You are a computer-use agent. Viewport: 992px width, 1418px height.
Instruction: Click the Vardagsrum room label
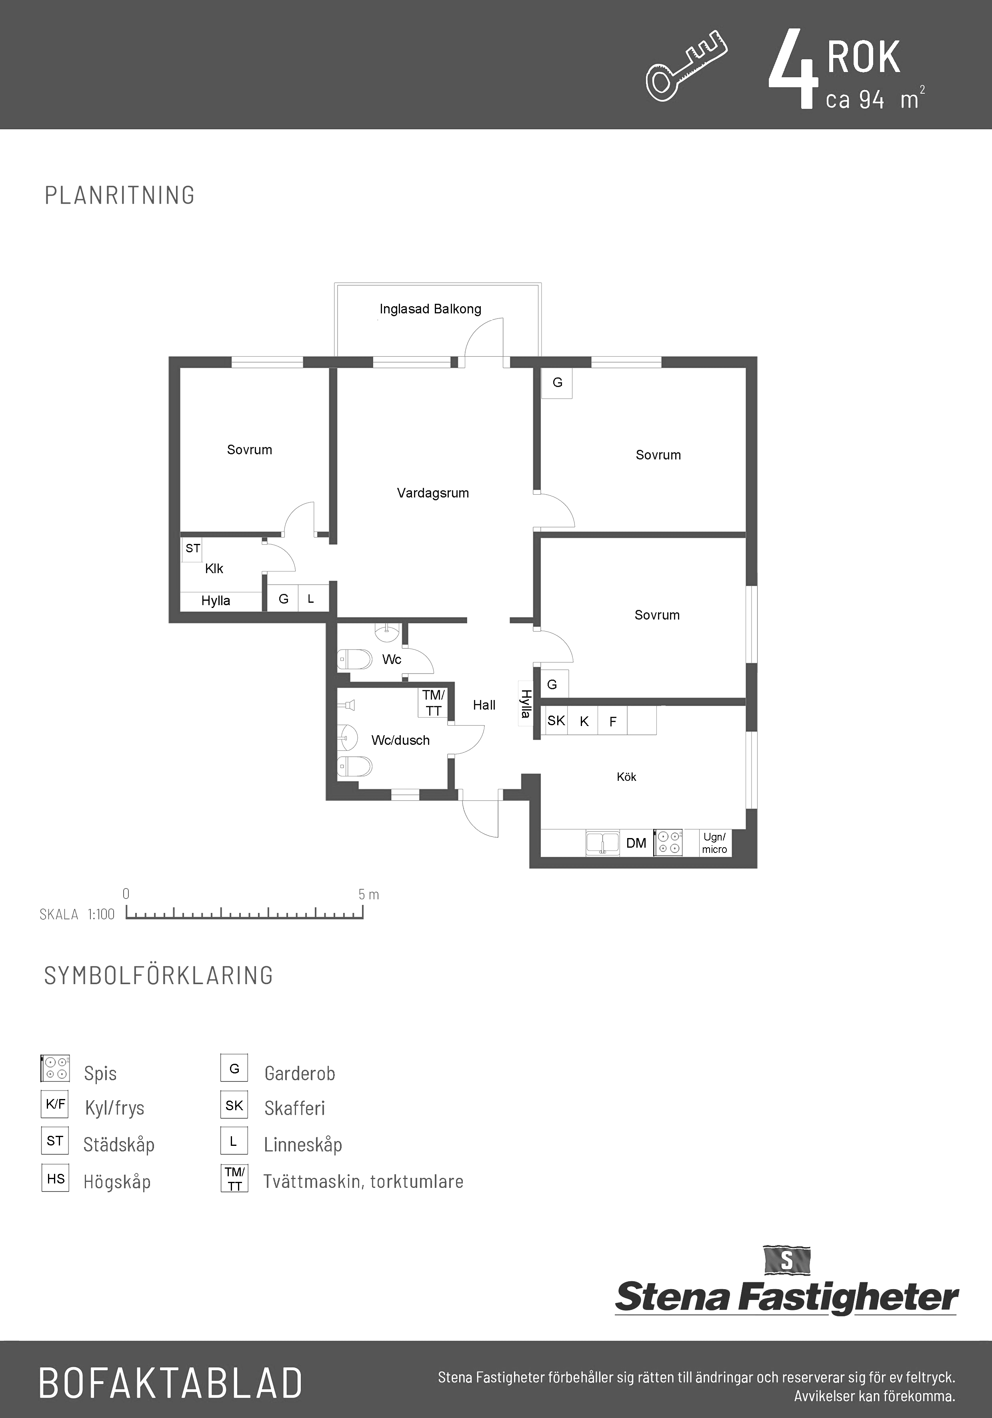pyautogui.click(x=433, y=493)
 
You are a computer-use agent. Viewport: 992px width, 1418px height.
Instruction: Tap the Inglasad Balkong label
pyautogui.click(x=430, y=309)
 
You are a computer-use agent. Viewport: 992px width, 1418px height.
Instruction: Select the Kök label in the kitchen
pyautogui.click(x=626, y=777)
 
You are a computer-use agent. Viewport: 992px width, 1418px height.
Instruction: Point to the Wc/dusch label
pyautogui.click(x=400, y=740)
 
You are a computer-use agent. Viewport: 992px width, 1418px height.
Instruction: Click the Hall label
pyautogui.click(x=484, y=705)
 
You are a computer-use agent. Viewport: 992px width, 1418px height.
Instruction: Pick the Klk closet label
pyautogui.click(x=214, y=568)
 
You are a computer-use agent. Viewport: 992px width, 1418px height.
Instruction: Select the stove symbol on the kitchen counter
pyautogui.click(x=668, y=842)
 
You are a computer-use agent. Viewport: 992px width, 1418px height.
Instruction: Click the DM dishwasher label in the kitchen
pyautogui.click(x=636, y=843)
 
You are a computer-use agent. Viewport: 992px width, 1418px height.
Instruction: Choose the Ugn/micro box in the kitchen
pyautogui.click(x=715, y=842)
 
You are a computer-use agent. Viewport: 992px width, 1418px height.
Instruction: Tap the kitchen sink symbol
pyautogui.click(x=602, y=842)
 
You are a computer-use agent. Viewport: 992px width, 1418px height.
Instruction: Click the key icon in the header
pyautogui.click(x=686, y=66)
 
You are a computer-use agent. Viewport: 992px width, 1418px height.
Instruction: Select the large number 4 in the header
pyautogui.click(x=793, y=70)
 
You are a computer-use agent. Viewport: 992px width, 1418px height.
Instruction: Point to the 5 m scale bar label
pyautogui.click(x=368, y=894)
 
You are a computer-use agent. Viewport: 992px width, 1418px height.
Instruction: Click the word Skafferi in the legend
pyautogui.click(x=294, y=1108)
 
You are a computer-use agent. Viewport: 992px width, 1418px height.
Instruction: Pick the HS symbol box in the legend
pyautogui.click(x=55, y=1178)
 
